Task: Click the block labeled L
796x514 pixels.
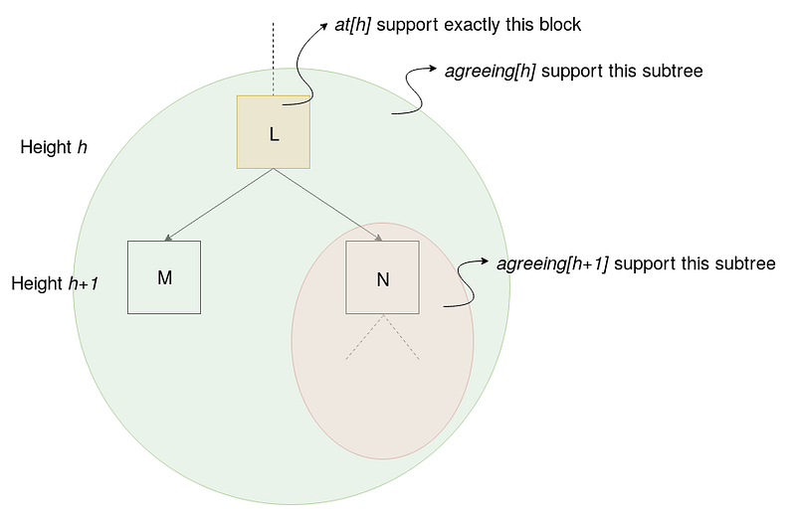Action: (x=274, y=132)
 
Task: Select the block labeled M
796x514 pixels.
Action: (x=164, y=277)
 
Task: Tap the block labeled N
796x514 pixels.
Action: (x=382, y=277)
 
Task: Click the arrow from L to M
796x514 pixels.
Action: (x=219, y=205)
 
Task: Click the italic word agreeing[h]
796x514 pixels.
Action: (x=489, y=72)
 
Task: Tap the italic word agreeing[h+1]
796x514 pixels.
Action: (x=552, y=263)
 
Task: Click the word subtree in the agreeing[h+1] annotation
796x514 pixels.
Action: (x=748, y=263)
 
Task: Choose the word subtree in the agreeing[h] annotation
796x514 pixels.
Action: (x=677, y=72)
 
